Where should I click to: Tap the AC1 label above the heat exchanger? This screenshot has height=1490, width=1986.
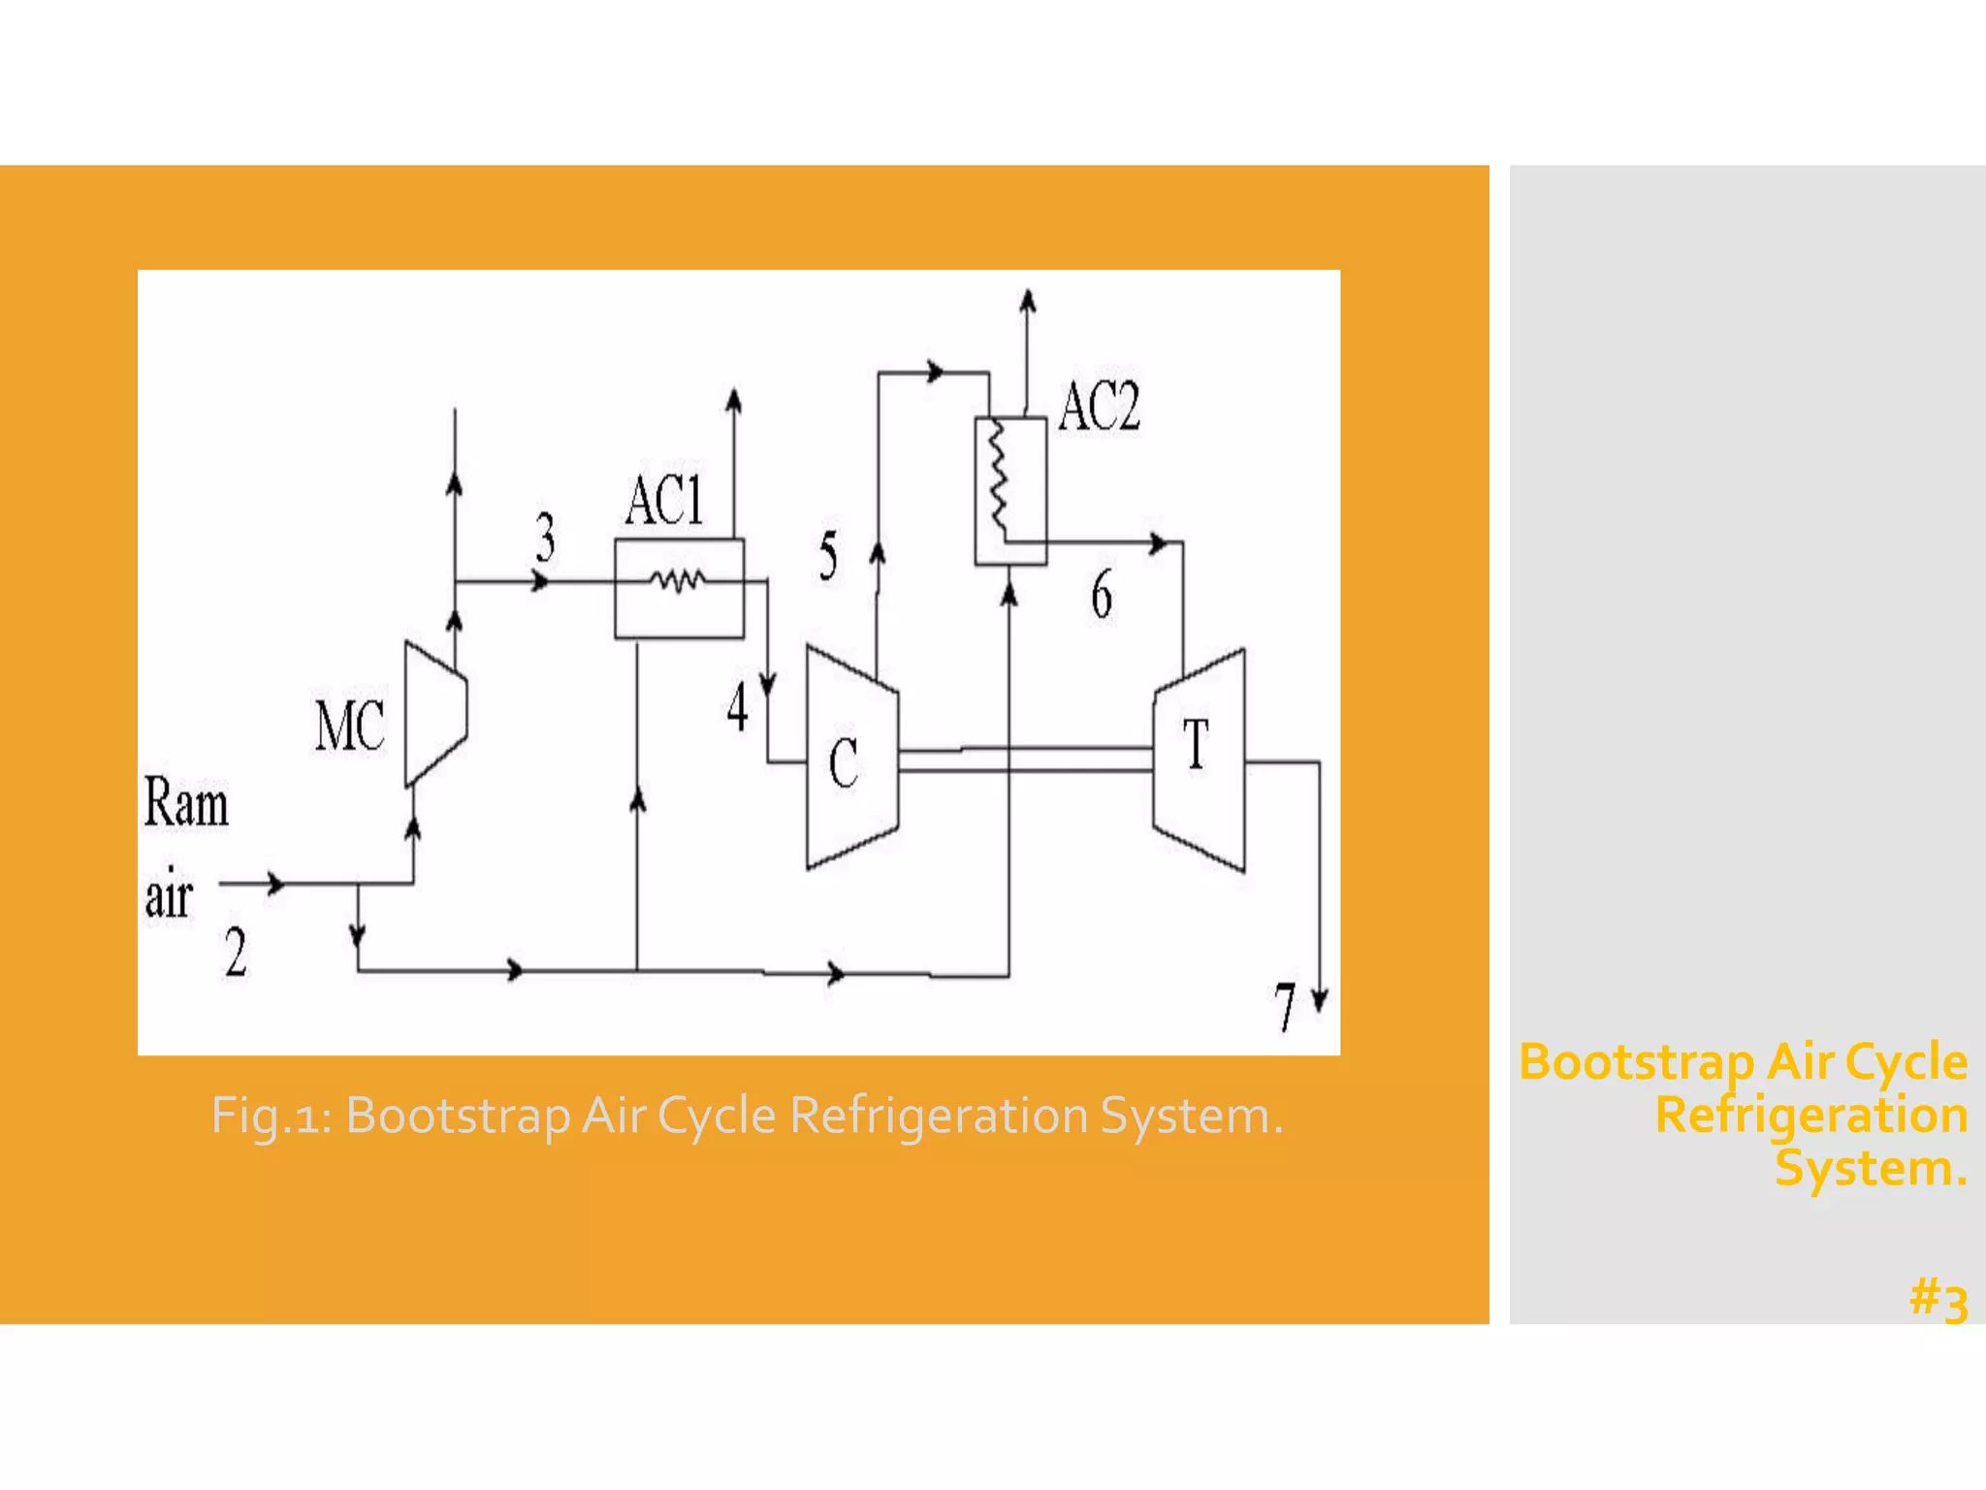664,502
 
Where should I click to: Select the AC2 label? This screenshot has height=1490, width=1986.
1099,406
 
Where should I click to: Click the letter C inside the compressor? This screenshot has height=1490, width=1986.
844,762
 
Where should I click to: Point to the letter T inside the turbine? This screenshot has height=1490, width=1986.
1197,745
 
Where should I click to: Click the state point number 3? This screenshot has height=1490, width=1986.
546,537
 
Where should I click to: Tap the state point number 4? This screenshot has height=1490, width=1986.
738,707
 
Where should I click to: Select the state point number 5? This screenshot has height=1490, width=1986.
828,556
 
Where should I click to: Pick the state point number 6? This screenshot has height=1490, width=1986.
1102,594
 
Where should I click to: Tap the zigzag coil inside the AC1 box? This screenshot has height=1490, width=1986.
678,581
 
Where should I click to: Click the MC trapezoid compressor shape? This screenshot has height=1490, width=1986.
436,713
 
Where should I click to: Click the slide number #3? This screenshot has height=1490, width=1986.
1938,1300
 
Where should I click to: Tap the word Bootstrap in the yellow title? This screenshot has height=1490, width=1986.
1636,1062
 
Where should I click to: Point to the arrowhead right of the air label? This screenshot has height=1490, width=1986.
276,884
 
